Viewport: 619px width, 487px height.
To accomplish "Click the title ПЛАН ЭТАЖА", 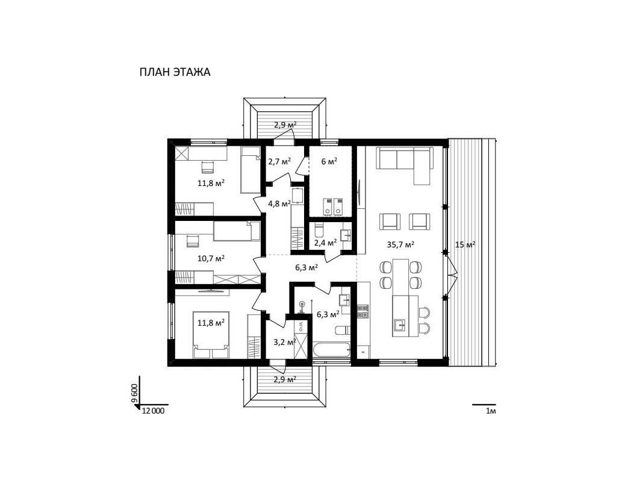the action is (x=175, y=72).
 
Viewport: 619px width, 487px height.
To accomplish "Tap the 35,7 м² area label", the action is (x=400, y=244).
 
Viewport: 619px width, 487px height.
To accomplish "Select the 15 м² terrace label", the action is (x=465, y=244).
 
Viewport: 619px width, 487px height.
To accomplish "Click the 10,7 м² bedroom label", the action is (x=211, y=258).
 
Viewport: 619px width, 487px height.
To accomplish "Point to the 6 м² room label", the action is (x=329, y=161).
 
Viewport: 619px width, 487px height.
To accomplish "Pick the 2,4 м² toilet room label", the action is (x=325, y=242).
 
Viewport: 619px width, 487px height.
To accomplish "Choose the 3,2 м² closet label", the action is (x=285, y=342).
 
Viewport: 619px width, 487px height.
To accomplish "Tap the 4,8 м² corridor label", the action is (x=279, y=203).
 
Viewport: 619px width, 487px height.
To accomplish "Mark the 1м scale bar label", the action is (x=490, y=411).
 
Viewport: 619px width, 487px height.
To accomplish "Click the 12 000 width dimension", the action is (x=153, y=411).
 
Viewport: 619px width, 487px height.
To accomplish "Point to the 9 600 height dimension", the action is (x=135, y=393).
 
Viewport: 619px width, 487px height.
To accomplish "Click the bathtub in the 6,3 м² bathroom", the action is (x=331, y=351).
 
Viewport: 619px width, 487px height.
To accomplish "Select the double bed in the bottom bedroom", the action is (x=210, y=335).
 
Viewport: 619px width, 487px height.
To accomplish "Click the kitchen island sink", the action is (x=400, y=326).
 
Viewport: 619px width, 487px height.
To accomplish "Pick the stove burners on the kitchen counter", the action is (x=363, y=311).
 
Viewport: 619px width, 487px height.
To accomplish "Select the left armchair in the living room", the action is (x=390, y=221).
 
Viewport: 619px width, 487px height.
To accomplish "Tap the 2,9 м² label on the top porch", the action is (x=285, y=125).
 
